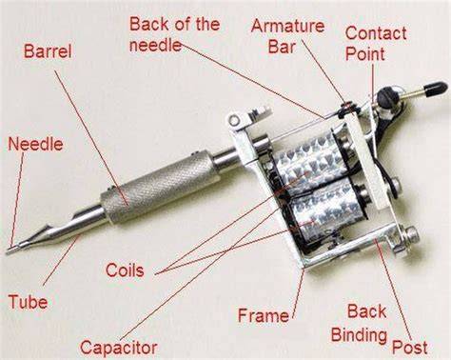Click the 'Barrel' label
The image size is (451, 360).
pyautogui.click(x=48, y=51)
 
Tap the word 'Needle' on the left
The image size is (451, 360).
pyautogui.click(x=35, y=144)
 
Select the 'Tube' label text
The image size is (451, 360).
pyautogui.click(x=28, y=301)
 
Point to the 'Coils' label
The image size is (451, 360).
pyautogui.click(x=125, y=270)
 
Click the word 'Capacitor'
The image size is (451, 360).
pyautogui.click(x=119, y=348)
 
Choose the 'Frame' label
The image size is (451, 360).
pyautogui.click(x=264, y=315)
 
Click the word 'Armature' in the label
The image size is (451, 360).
pyautogui.click(x=287, y=26)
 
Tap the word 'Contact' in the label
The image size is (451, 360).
pyautogui.click(x=376, y=33)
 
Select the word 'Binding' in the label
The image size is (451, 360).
pyautogui.click(x=359, y=335)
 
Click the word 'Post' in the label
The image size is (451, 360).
pyautogui.click(x=410, y=347)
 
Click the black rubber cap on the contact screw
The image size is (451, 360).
pyautogui.click(x=435, y=90)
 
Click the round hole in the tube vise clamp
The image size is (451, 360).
pyautogui.click(x=234, y=120)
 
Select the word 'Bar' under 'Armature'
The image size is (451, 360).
pyautogui.click(x=282, y=48)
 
